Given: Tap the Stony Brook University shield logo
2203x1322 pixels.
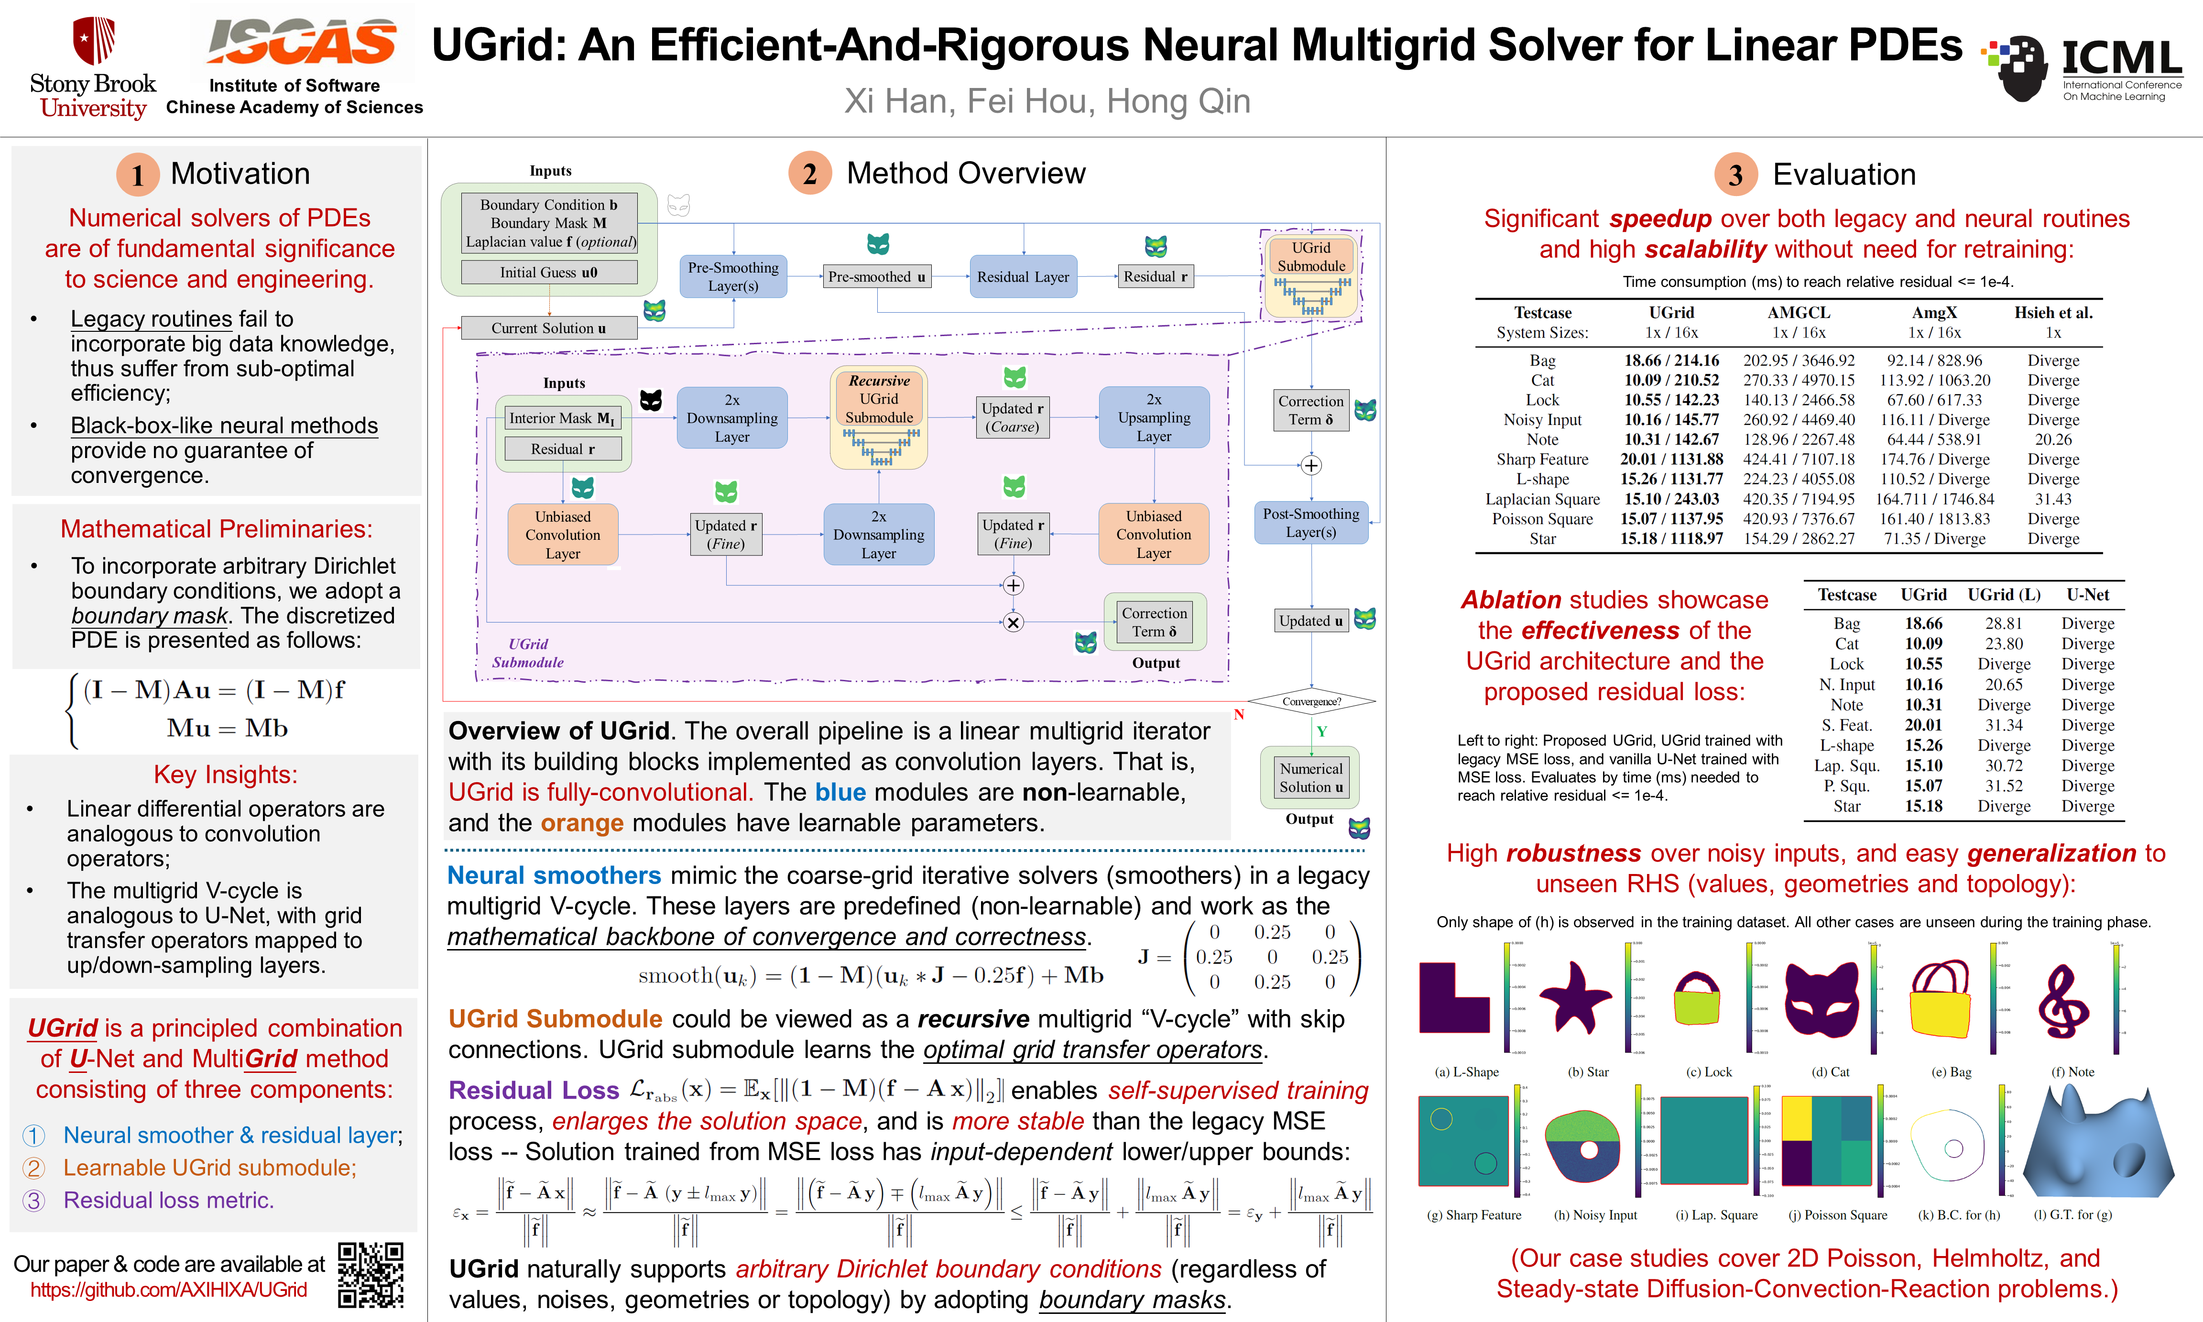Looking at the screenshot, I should click(94, 40).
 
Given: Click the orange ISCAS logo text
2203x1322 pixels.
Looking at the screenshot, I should click(301, 42).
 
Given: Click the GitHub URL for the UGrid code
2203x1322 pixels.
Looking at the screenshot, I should click(168, 1290).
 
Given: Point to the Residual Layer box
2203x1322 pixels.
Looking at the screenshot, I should click(1023, 277).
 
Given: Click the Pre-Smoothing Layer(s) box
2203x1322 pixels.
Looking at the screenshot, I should click(733, 276).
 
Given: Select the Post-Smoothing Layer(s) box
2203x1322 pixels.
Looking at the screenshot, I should click(1310, 523).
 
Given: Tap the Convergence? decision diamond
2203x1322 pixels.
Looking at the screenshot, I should click(1311, 702).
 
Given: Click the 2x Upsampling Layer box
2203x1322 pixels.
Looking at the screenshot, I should click(1154, 418).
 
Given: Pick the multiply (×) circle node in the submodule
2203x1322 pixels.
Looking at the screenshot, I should click(1013, 622).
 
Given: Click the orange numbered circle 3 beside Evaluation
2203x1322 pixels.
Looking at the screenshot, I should click(1735, 175).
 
